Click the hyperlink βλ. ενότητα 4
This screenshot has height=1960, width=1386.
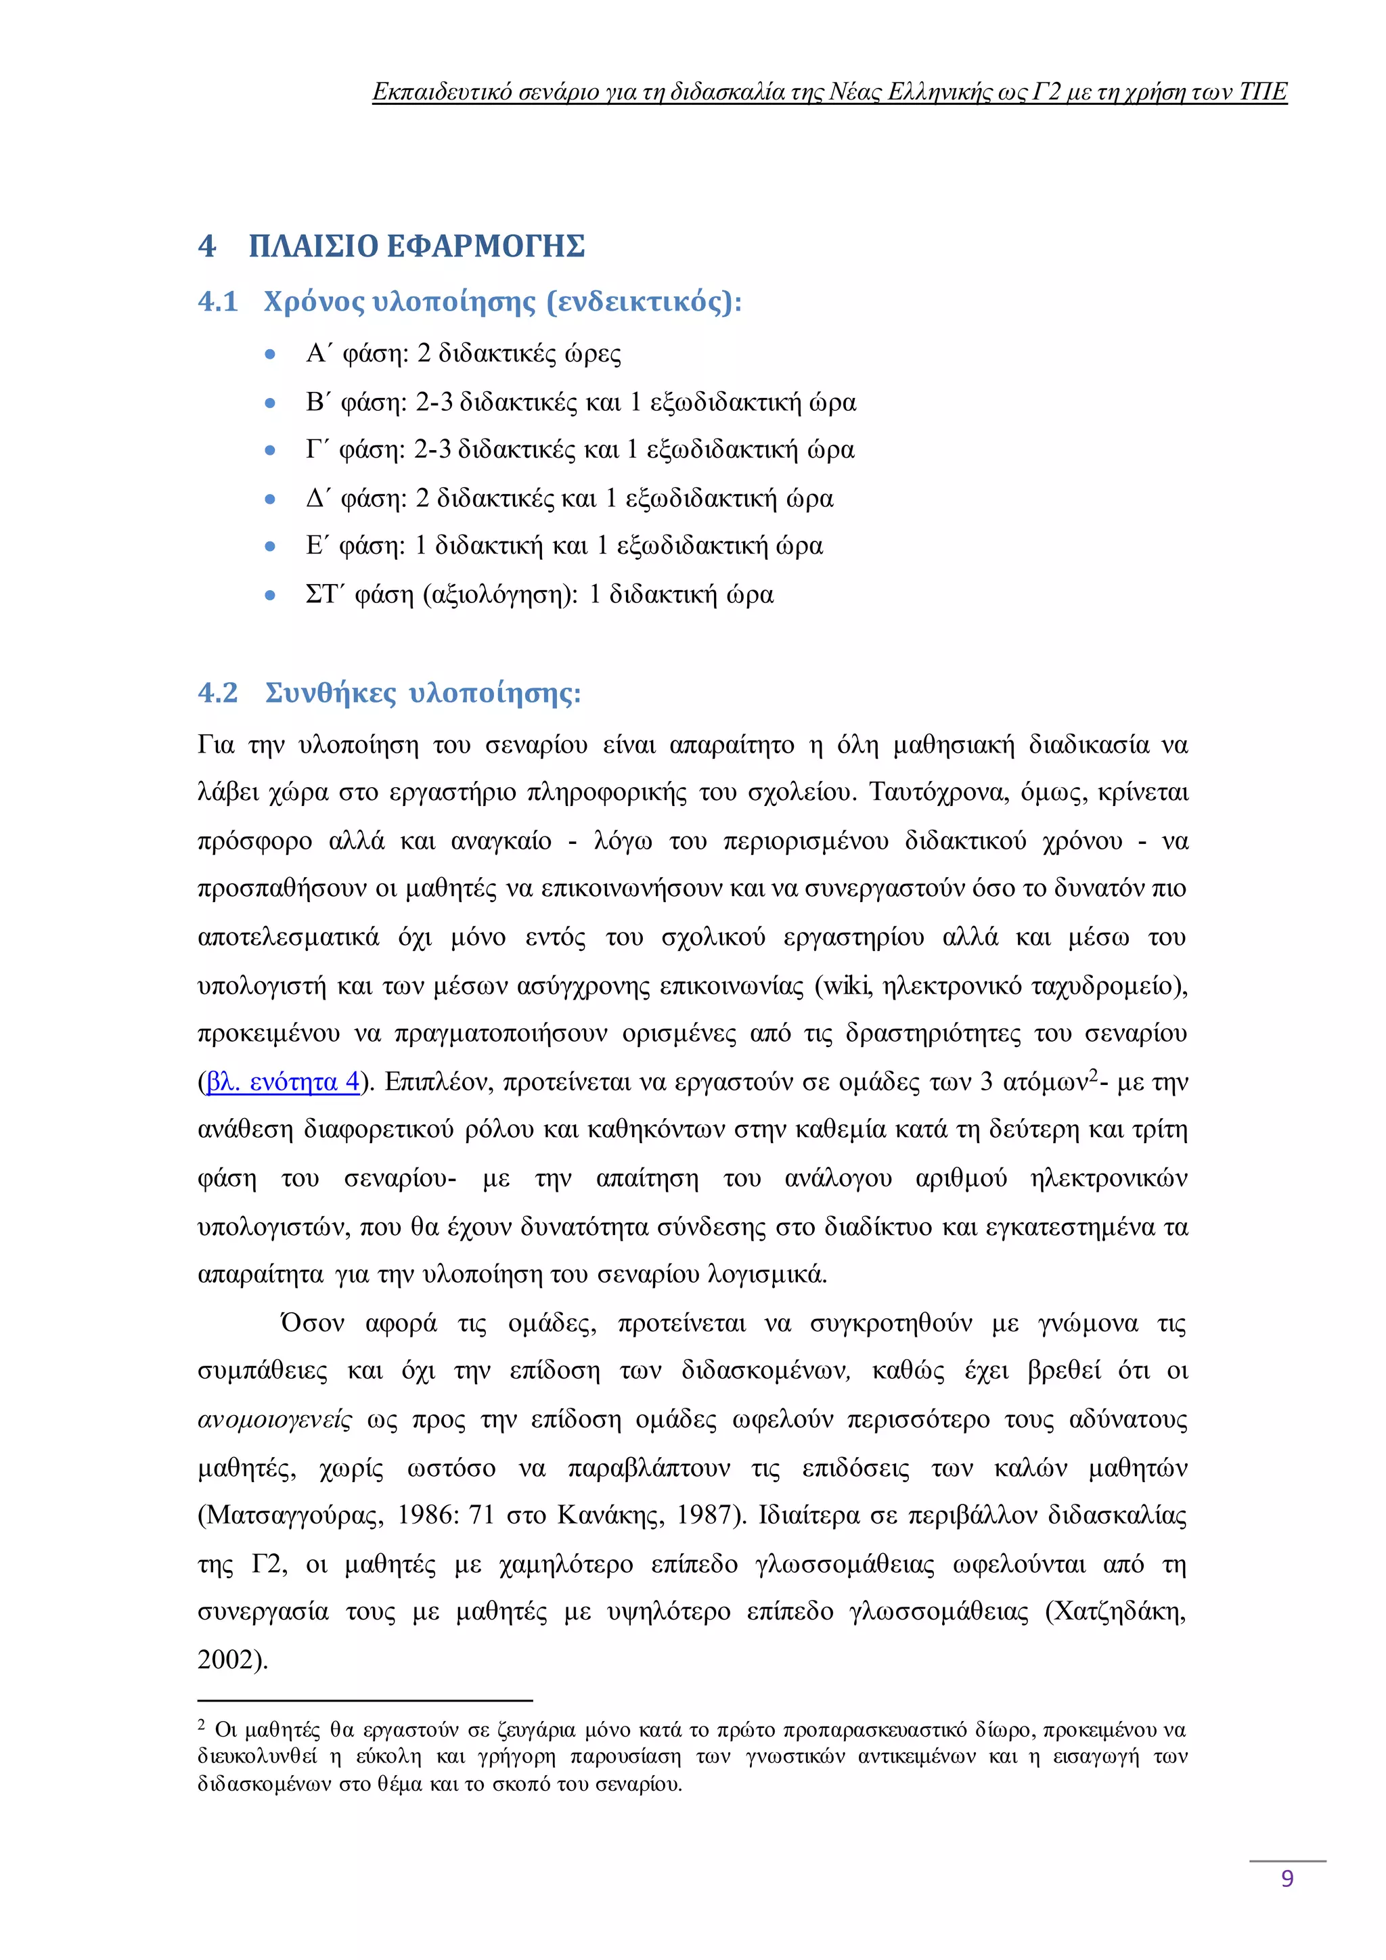(x=282, y=1082)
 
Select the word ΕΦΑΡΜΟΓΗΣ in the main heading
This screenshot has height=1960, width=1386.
(x=486, y=246)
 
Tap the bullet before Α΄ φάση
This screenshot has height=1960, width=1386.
(x=271, y=354)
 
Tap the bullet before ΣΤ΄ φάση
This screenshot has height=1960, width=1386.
(x=271, y=596)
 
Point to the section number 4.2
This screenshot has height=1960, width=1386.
(x=218, y=692)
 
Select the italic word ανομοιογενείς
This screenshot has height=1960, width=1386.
(x=274, y=1420)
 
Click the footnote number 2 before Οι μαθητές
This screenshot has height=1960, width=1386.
(x=202, y=1725)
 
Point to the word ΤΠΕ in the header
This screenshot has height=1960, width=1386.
(x=1262, y=91)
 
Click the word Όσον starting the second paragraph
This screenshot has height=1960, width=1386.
(x=313, y=1323)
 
